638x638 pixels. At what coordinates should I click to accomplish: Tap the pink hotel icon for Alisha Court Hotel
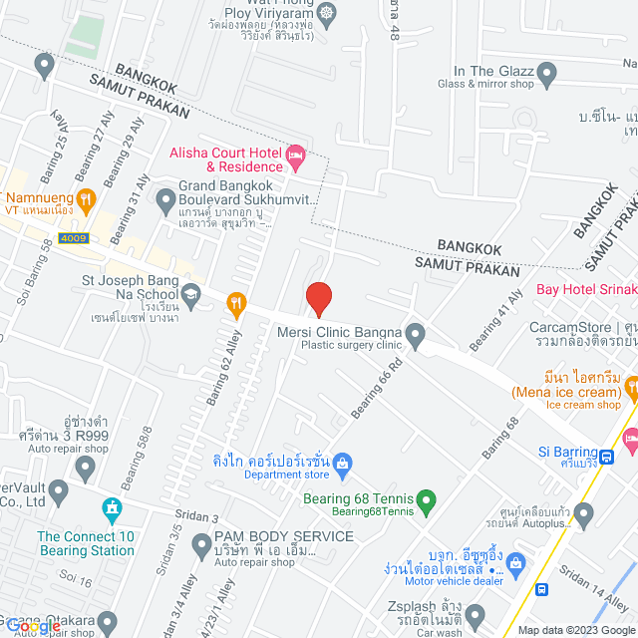[x=294, y=155]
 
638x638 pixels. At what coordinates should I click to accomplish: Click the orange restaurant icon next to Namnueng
[x=86, y=198]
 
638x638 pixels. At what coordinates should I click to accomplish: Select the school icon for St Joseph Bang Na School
[x=190, y=294]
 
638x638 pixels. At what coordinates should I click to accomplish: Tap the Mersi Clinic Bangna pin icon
[x=416, y=332]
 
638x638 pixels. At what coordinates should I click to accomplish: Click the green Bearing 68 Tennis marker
[x=426, y=498]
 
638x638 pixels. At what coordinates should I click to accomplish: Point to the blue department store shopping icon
[x=342, y=462]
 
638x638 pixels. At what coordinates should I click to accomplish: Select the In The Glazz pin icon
[x=545, y=72]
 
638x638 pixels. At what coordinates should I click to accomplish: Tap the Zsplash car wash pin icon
[x=476, y=615]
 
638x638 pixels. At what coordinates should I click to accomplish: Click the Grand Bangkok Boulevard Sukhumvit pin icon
[x=166, y=202]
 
